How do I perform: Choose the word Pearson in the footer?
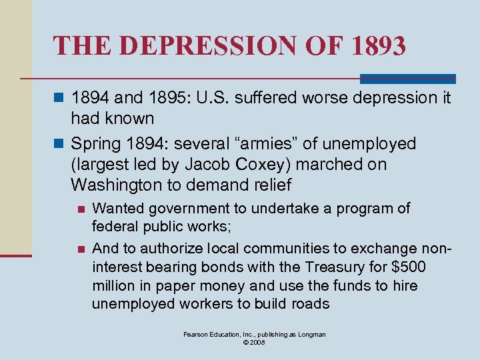196,334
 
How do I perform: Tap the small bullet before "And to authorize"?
81,249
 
